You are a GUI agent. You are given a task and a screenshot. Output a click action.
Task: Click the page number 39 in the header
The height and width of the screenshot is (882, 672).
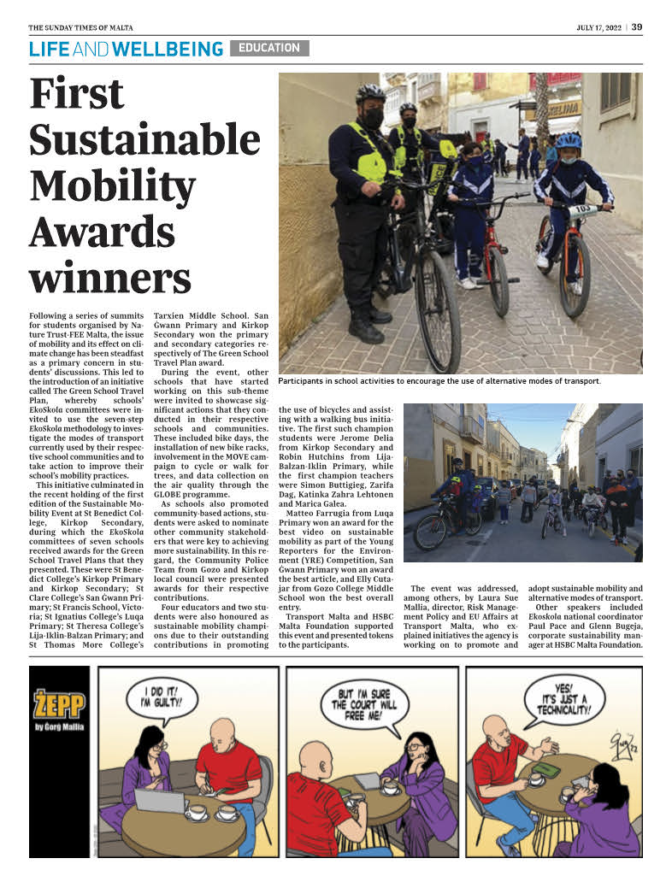pyautogui.click(x=637, y=26)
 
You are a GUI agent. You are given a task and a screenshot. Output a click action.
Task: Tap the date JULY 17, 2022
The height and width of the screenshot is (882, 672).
pyautogui.click(x=600, y=27)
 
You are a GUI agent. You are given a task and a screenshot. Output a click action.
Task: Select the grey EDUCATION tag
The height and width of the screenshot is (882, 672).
pyautogui.click(x=269, y=48)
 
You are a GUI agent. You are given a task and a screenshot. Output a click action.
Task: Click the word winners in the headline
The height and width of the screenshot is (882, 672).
pyautogui.click(x=110, y=278)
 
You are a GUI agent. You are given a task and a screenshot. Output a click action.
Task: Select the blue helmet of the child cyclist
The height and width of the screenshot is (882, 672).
pyautogui.click(x=568, y=140)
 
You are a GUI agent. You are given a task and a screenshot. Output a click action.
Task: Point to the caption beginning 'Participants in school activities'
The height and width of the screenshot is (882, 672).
pyautogui.click(x=439, y=380)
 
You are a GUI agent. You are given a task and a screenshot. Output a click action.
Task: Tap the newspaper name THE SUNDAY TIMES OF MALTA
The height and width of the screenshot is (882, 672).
pyautogui.click(x=80, y=27)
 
